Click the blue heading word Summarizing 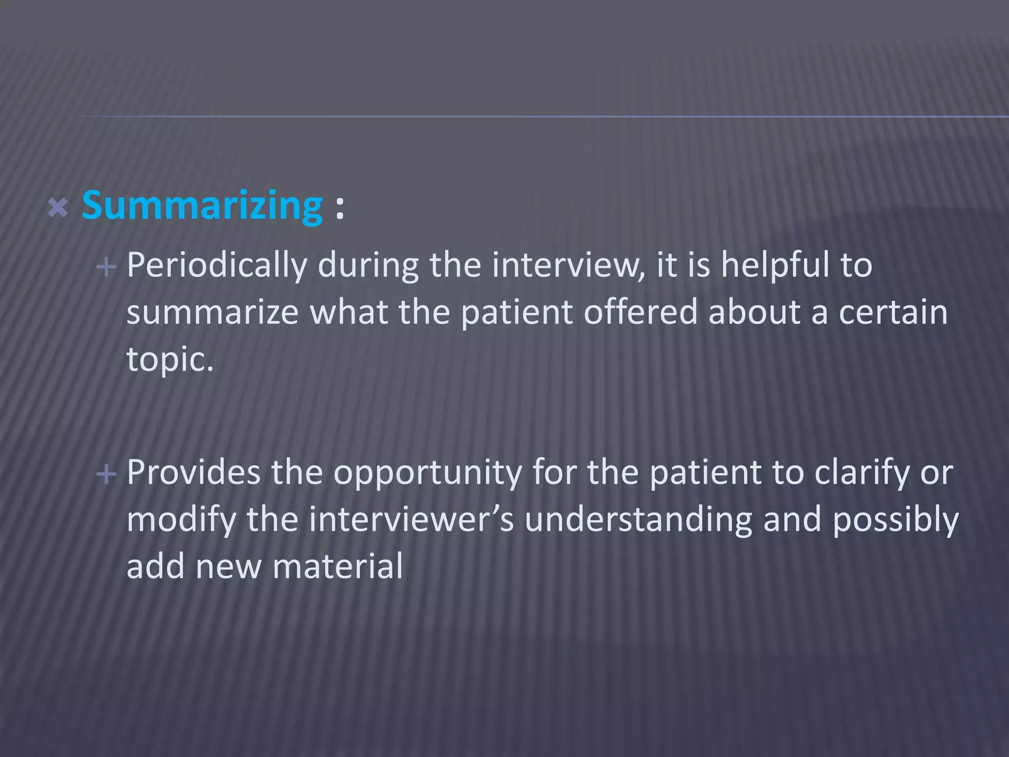pos(202,206)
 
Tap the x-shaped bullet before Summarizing pos(58,208)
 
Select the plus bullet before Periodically pos(106,268)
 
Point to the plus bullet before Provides pos(106,475)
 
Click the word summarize pos(212,312)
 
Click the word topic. pos(169,360)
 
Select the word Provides pos(193,472)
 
